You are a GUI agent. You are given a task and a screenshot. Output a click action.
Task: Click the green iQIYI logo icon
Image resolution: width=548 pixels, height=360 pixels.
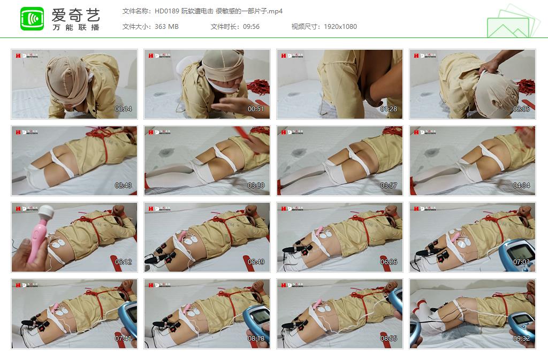point(32,19)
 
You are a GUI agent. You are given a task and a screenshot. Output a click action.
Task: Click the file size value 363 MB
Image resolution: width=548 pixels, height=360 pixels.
point(166,27)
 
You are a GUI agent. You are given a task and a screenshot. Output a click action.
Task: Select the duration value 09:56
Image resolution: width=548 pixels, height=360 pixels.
point(250,27)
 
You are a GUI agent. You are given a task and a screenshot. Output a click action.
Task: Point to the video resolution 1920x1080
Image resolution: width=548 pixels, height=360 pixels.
point(340,27)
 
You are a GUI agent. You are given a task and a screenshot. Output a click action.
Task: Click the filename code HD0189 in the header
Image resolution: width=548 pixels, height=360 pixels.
point(166,11)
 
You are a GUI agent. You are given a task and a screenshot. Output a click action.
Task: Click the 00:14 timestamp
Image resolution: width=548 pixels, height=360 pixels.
point(123,109)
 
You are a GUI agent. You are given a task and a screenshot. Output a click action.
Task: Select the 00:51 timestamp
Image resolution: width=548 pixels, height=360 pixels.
point(256,109)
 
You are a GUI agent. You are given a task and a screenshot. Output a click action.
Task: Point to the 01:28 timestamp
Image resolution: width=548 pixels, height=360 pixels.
point(389,109)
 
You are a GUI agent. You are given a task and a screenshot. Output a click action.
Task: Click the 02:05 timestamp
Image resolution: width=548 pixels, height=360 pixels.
point(521,109)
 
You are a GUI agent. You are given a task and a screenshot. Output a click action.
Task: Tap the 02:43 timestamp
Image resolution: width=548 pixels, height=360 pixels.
point(123,186)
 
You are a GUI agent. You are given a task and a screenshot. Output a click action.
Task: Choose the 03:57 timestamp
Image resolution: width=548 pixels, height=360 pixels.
point(389,186)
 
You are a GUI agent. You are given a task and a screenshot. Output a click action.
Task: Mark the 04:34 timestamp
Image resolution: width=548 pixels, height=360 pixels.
point(521,186)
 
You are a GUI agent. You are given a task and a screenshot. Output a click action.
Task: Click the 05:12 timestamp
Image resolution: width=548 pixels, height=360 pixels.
point(123,262)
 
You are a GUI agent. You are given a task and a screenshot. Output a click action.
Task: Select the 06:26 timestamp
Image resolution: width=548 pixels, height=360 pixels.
point(389,262)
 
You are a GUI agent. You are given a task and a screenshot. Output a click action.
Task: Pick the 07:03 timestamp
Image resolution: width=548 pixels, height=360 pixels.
point(521,262)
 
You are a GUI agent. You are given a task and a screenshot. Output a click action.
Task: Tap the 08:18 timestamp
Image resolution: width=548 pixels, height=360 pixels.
point(256,339)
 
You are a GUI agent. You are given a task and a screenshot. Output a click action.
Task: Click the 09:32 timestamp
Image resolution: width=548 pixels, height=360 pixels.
point(521,339)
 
